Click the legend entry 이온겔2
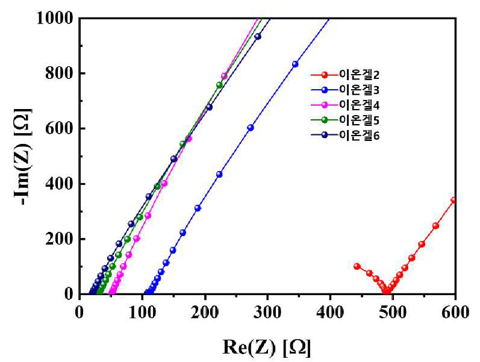pos(345,75)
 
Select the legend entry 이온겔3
pos(345,90)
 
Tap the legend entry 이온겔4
pos(345,105)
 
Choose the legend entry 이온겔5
pos(345,120)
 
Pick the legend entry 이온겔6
pos(345,135)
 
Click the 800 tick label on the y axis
pos(60,73)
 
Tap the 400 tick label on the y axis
pos(60,184)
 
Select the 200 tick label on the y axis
pos(60,239)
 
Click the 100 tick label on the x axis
pos(142,313)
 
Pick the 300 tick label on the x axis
pos(267,313)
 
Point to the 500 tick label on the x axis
pos(393,313)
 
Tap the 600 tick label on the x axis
pos(455,313)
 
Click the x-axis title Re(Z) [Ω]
pos(266,348)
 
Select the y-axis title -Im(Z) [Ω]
pos(22,156)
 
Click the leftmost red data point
pos(357,266)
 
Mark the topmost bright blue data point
pos(295,64)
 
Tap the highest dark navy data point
pos(258,37)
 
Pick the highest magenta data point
pos(224,76)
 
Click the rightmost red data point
pos(454,200)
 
